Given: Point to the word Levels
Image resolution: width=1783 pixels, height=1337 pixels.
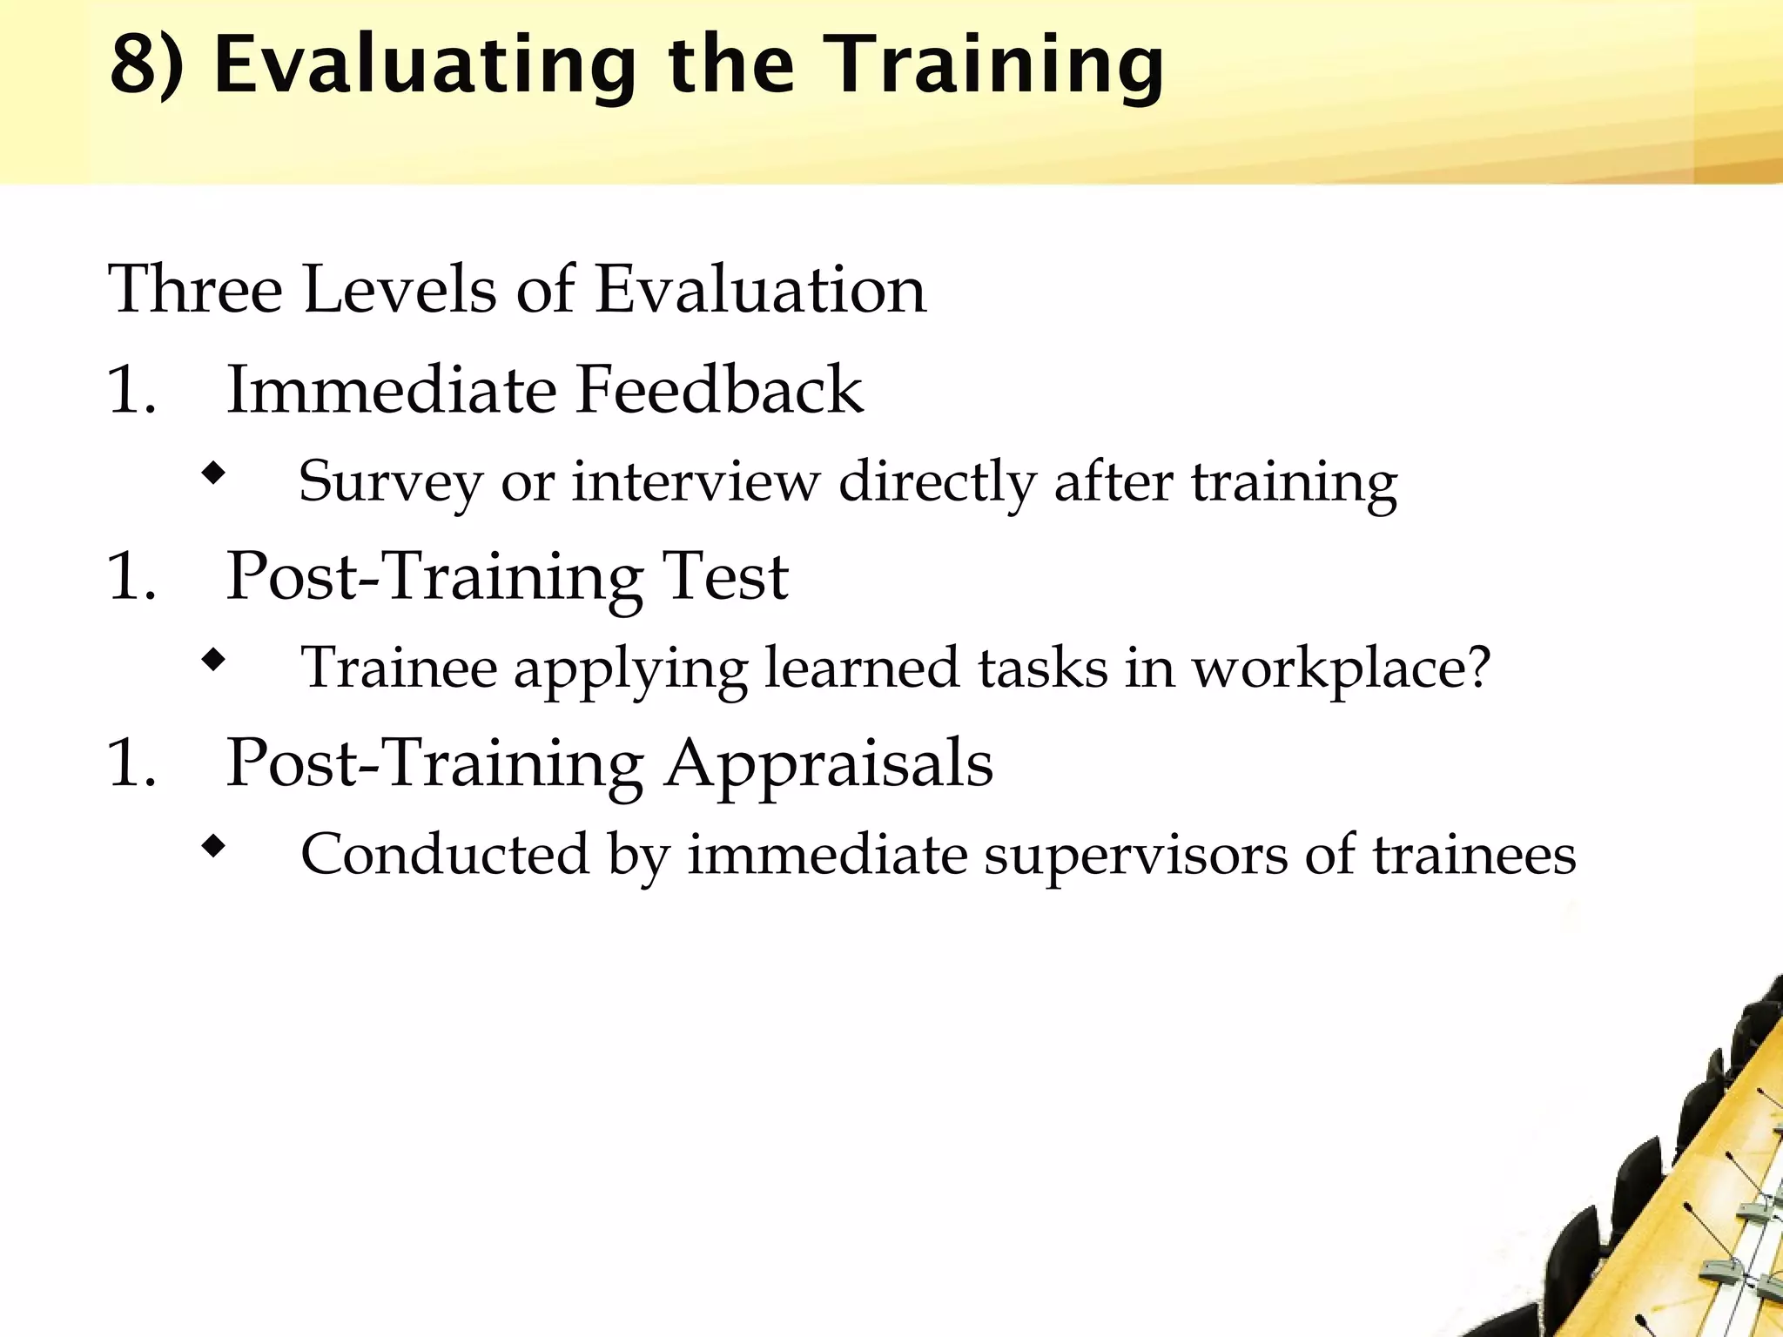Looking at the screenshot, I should tap(400, 289).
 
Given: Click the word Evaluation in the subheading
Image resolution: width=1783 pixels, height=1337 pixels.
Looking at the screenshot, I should tap(760, 289).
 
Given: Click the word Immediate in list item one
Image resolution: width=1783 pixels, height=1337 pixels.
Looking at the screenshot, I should tap(391, 390).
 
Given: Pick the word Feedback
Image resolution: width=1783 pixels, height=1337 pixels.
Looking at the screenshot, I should tap(719, 390).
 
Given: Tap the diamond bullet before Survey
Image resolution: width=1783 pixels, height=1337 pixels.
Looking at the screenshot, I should tap(212, 475).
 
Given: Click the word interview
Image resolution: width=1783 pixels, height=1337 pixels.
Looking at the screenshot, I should tap(696, 481).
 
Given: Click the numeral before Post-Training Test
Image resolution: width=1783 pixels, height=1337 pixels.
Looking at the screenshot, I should tap(131, 576).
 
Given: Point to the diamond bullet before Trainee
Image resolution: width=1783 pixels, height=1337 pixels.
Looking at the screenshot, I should tap(212, 661).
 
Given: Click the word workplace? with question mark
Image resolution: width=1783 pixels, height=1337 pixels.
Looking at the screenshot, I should tap(1341, 668).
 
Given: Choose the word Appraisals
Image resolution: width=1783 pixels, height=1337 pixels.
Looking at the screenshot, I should tap(828, 763).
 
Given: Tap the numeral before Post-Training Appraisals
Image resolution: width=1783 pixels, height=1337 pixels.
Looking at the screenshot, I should tap(131, 763).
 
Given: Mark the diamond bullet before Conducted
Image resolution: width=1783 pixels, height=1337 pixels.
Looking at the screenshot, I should tap(212, 846).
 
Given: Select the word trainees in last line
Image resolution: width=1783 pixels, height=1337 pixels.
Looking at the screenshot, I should tap(1474, 855).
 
